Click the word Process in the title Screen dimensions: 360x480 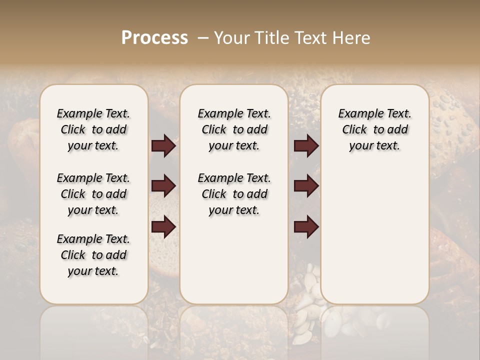(x=154, y=38)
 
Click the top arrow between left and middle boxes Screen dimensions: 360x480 (x=163, y=146)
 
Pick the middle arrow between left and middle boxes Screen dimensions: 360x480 (x=163, y=186)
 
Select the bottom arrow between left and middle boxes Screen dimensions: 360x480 (x=163, y=226)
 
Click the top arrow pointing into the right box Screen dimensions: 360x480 (x=306, y=146)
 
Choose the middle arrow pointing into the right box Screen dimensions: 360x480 (x=306, y=186)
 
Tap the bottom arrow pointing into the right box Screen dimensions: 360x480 (x=306, y=226)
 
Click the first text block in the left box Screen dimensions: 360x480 (x=93, y=129)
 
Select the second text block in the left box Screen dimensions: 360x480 (x=93, y=194)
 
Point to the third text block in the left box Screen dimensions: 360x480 (x=93, y=255)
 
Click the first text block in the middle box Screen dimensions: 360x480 (x=234, y=129)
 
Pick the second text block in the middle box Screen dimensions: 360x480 (x=234, y=194)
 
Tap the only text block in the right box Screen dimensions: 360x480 (x=375, y=129)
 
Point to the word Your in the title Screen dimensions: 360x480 (x=230, y=38)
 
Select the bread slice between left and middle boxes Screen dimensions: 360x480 (x=164, y=255)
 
